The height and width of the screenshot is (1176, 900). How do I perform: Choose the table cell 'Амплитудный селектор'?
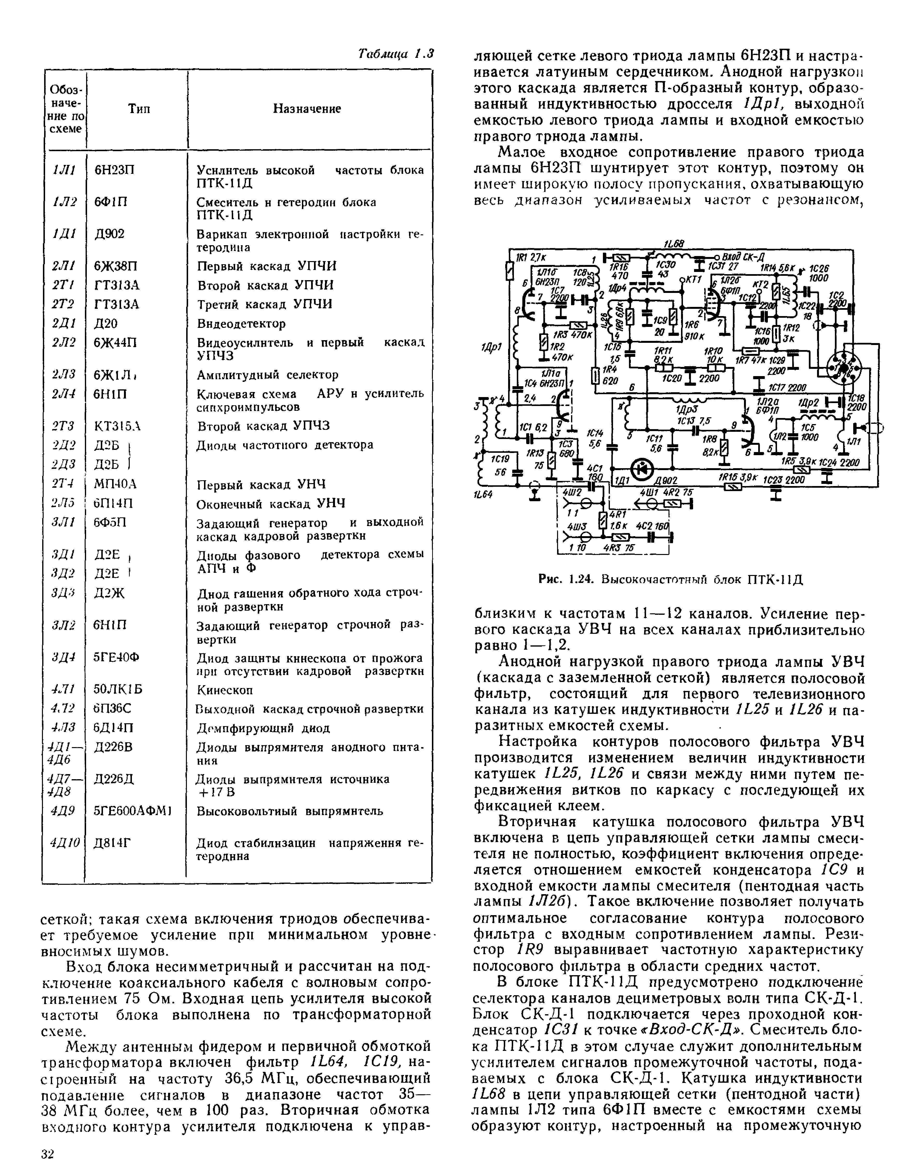[x=268, y=375]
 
